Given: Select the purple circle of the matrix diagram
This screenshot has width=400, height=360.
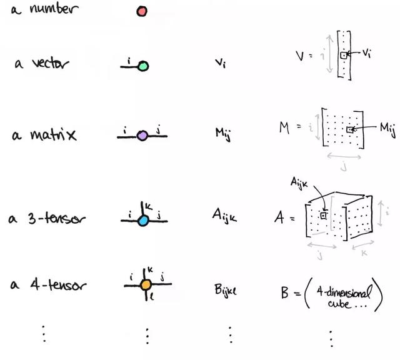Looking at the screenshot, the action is pyautogui.click(x=142, y=135).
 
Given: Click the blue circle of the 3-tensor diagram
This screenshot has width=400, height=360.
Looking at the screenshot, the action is pyautogui.click(x=142, y=220).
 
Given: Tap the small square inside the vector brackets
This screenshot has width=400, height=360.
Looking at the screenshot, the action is pyautogui.click(x=343, y=56).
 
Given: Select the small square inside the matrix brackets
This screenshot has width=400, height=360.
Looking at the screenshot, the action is pyautogui.click(x=350, y=130).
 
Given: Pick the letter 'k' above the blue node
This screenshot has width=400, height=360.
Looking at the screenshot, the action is pyautogui.click(x=149, y=205).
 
